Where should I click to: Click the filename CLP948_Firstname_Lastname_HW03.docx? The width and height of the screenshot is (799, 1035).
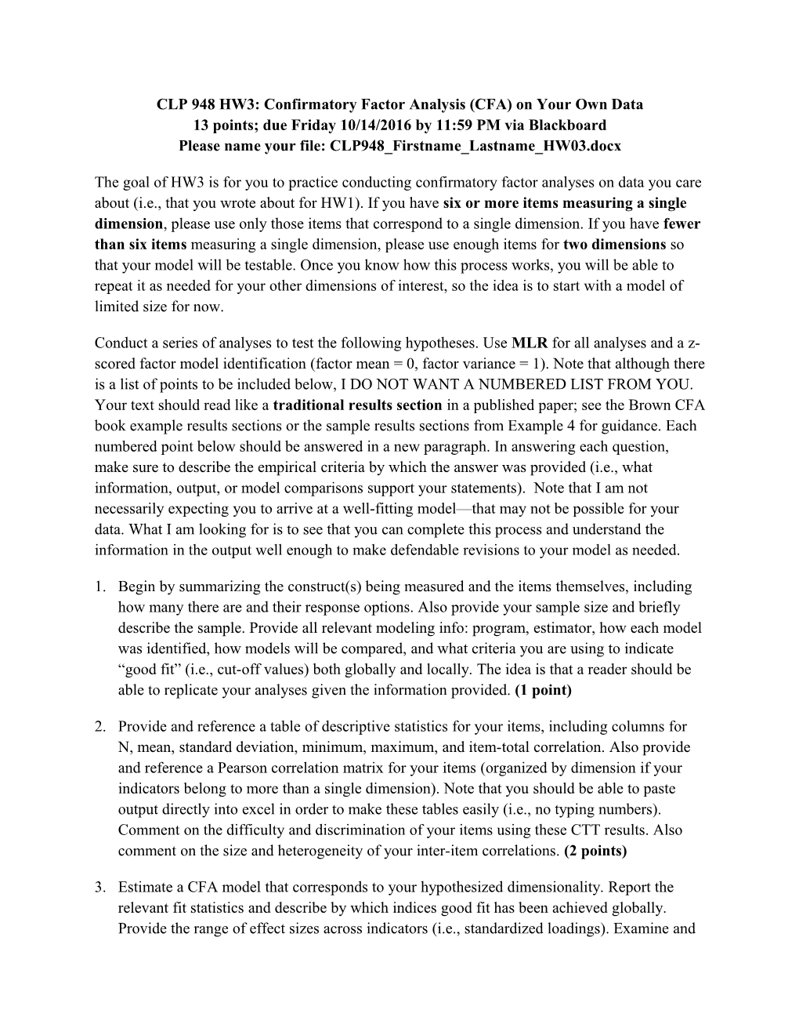[x=475, y=145]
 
